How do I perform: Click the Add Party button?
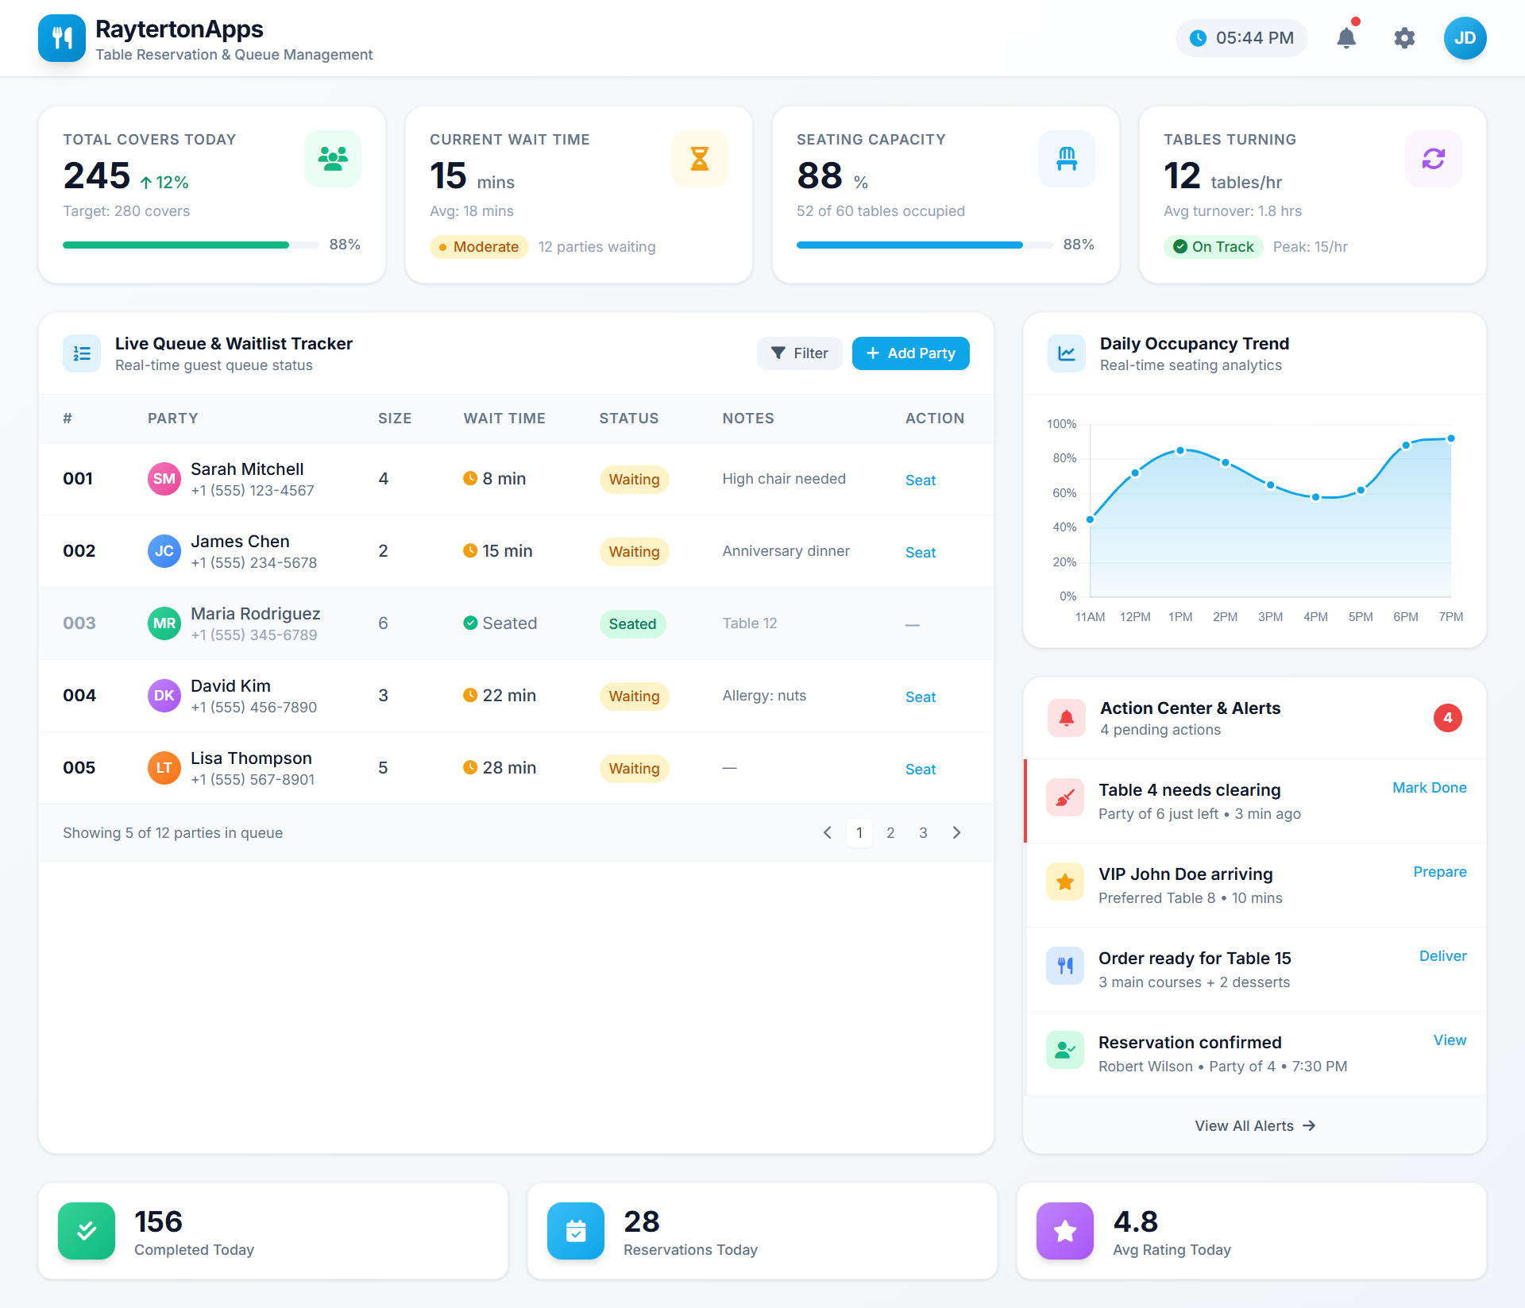click(910, 353)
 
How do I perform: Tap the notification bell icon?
click(1346, 38)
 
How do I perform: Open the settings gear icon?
click(1404, 38)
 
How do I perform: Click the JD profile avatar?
click(1465, 38)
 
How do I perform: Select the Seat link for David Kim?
click(921, 697)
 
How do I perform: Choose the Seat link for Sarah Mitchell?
click(921, 480)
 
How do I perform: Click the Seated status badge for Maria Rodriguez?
click(632, 624)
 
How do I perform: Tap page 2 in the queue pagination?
click(890, 833)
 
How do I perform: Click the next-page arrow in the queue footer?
click(956, 833)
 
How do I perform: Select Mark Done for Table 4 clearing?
click(1429, 788)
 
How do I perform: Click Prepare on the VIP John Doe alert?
click(1439, 872)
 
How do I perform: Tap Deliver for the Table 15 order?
click(1442, 956)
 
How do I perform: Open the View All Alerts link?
click(1255, 1126)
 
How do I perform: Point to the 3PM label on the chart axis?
click(1270, 617)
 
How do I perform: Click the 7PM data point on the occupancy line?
click(1451, 438)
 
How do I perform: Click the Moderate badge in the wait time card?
click(479, 247)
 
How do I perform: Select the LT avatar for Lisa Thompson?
click(164, 768)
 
